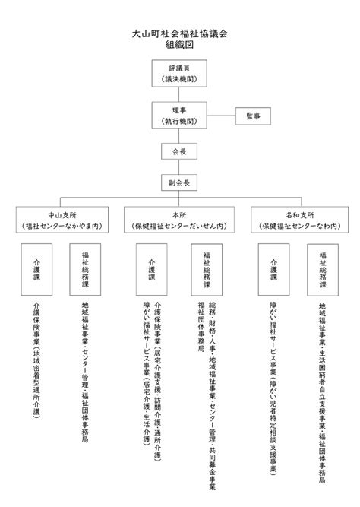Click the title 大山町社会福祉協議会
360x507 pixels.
(x=180, y=33)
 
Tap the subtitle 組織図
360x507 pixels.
(x=180, y=45)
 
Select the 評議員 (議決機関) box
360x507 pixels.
(x=179, y=74)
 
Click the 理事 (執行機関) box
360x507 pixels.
(x=179, y=116)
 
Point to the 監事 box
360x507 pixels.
(x=253, y=116)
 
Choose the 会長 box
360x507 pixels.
(x=179, y=151)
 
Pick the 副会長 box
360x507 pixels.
(x=179, y=182)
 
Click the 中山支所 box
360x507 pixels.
(x=62, y=220)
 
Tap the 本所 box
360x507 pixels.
(x=179, y=220)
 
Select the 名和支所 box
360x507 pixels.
(x=299, y=220)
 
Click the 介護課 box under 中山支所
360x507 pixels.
(x=36, y=269)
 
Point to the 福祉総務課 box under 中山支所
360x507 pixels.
(x=85, y=269)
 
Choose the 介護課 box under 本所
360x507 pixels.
(x=152, y=269)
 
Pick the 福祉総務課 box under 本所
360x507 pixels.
(x=207, y=270)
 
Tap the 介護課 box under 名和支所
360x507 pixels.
(x=273, y=269)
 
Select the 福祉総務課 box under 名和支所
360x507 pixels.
(x=323, y=270)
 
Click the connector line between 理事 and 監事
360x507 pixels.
(x=221, y=116)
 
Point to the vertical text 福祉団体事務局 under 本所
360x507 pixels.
(x=201, y=327)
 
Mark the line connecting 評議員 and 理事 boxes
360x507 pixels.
(x=179, y=94)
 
